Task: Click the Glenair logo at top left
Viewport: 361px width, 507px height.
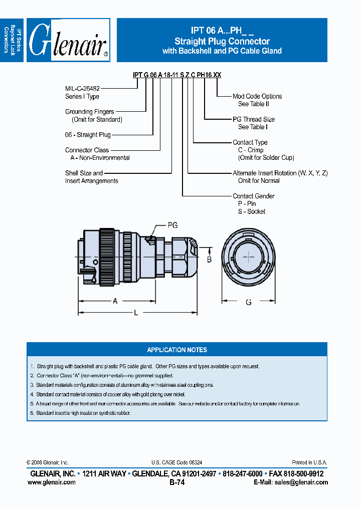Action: [68, 41]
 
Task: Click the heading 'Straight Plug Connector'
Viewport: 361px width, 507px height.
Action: [222, 42]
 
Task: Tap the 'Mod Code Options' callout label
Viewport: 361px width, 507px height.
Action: [257, 96]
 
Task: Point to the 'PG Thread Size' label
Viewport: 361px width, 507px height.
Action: [254, 119]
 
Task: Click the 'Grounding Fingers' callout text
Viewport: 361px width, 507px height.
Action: [89, 112]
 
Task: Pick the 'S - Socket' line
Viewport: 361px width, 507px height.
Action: [252, 211]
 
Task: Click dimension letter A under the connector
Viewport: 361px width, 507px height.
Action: [115, 301]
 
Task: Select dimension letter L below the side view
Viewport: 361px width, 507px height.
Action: [135, 313]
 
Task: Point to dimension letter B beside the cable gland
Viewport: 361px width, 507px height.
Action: [210, 259]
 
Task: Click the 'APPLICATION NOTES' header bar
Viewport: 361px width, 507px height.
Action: [177, 350]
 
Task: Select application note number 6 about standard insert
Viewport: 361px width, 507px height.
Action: [80, 413]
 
